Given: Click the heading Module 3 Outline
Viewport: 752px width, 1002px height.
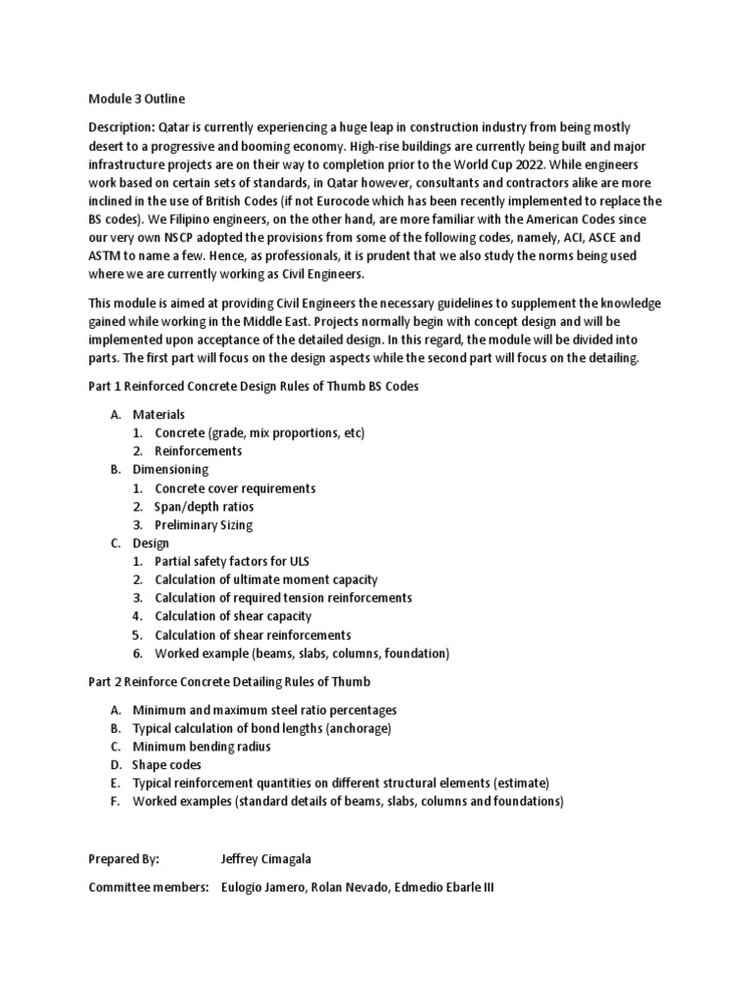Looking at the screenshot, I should point(136,99).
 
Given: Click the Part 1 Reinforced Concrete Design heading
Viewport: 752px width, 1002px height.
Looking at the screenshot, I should point(254,387).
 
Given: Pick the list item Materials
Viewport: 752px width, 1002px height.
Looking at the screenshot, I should point(159,414).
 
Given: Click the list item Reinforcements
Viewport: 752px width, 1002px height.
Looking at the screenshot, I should point(198,451).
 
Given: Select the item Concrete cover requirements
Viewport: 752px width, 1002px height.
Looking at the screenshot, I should point(235,488).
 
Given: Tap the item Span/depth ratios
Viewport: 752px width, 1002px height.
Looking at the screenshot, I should point(204,507).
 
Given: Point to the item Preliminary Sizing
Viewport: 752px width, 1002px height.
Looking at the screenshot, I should point(204,525).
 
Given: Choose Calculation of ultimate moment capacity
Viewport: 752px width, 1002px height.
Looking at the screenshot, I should point(265,580).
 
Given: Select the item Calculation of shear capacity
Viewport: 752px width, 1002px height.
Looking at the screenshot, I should point(233,616).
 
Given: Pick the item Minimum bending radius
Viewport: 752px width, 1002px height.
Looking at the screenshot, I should point(202,747).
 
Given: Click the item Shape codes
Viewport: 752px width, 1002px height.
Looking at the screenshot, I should point(167,765).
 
